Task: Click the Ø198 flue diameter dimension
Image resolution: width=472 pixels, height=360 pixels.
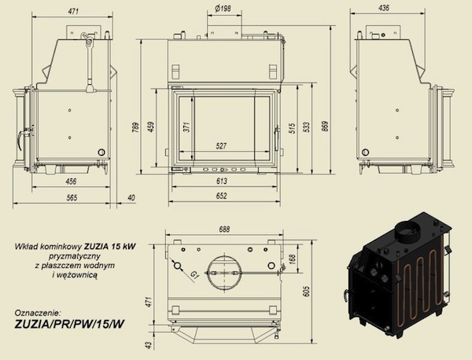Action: coord(223,9)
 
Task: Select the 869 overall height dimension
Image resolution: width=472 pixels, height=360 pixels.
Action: coord(326,126)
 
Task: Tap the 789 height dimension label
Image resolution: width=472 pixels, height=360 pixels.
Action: coord(136,127)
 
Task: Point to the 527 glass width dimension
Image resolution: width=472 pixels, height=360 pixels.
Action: coord(221,146)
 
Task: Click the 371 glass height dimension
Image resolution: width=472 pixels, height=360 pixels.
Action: coord(186,127)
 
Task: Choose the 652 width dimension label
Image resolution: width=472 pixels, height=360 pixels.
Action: coord(221,196)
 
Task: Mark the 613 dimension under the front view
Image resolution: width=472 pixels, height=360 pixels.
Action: coord(221,181)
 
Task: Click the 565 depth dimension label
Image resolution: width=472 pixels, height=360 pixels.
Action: coord(72,197)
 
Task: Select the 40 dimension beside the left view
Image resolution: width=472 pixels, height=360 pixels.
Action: coord(131,197)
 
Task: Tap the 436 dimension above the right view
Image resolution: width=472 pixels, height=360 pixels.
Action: coord(384,8)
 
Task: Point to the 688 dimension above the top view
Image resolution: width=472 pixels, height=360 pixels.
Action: coord(224,230)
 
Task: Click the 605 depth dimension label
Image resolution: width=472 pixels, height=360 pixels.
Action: coord(306,291)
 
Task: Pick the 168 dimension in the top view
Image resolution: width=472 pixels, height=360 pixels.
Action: coord(293,259)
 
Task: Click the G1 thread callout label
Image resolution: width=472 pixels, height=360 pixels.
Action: coord(195,274)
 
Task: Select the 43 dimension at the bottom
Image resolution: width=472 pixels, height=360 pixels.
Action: coord(149,344)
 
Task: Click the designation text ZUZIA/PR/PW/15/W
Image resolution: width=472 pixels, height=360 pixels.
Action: coord(69,324)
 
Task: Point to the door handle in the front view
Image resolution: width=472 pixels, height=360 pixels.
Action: coord(277,140)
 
